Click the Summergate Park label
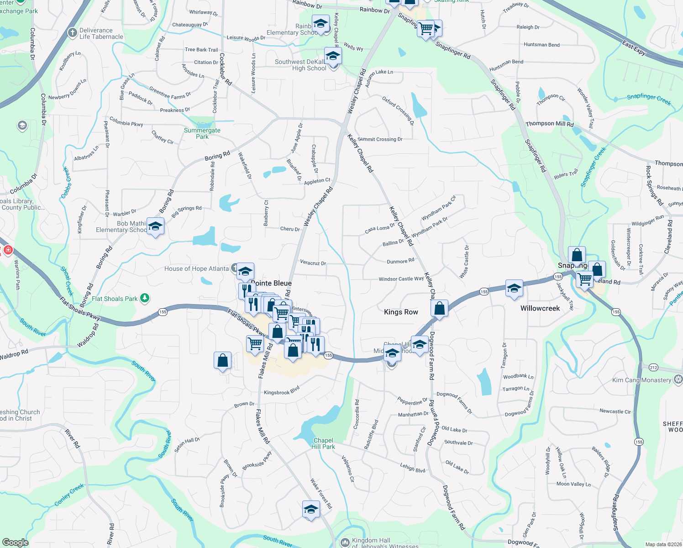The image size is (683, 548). [202, 133]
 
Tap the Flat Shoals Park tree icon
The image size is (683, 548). [145, 298]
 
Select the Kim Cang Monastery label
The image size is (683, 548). [641, 380]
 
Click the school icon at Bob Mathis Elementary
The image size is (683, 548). [155, 227]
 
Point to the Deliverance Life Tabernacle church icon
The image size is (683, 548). [72, 32]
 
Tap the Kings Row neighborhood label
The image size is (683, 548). [401, 312]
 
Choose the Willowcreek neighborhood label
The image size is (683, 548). [540, 308]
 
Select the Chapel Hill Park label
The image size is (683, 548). [324, 443]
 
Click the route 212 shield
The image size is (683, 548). [653, 367]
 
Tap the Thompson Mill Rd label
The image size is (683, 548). [549, 124]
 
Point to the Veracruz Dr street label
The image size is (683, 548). [313, 263]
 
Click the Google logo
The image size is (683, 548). [15, 542]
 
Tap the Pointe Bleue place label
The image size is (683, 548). [272, 283]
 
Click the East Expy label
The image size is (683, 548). [634, 48]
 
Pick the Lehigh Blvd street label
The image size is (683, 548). [413, 468]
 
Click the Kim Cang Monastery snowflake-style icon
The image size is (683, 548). [678, 379]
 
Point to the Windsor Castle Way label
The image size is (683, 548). [401, 279]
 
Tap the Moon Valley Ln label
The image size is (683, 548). [573, 484]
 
